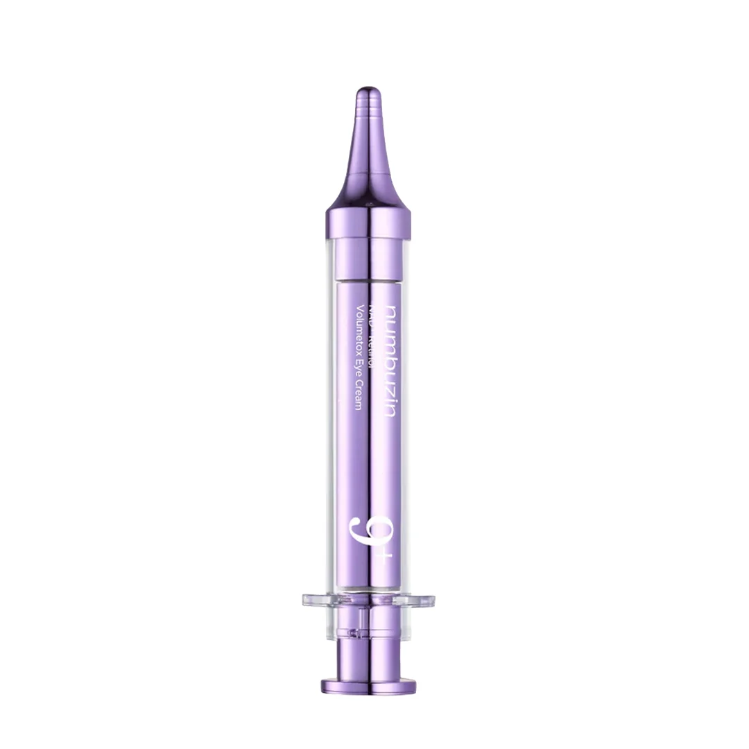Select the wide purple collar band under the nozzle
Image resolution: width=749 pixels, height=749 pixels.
point(368,223)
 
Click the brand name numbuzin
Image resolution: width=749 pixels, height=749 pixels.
point(390,360)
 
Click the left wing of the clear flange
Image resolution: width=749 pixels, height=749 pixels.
point(316,601)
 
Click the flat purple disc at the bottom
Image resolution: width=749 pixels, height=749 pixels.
point(368,687)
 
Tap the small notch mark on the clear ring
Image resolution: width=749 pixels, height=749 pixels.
point(355,633)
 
